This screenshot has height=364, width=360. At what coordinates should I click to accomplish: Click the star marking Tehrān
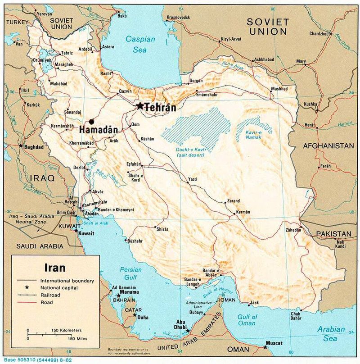(x=140, y=106)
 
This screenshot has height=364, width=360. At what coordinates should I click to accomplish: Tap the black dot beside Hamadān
(x=92, y=121)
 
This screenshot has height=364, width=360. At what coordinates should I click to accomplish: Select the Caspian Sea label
(x=140, y=44)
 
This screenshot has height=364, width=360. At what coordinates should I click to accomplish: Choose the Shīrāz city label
(x=162, y=229)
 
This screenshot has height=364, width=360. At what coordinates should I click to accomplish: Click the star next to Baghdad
(x=21, y=146)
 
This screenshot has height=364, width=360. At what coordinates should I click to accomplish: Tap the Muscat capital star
(x=265, y=347)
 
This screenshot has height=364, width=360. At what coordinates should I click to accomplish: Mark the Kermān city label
(x=243, y=212)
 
